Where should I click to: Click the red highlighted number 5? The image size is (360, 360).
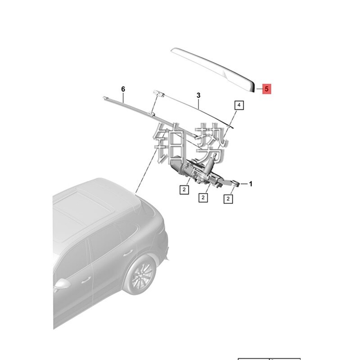(x=266, y=89)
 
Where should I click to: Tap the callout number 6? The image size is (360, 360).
(x=123, y=90)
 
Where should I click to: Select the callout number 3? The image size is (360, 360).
(x=198, y=95)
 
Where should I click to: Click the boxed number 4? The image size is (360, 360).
(x=239, y=105)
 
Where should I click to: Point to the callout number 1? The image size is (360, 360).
(x=251, y=184)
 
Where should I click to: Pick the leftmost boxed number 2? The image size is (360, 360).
(x=184, y=190)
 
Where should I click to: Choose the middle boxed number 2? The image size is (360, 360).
(x=203, y=197)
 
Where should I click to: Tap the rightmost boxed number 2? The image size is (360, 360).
(x=229, y=198)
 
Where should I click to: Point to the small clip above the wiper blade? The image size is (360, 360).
(x=158, y=93)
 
